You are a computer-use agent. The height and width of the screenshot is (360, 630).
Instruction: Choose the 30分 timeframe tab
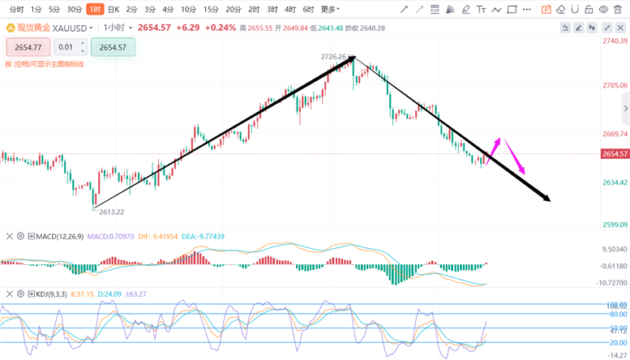pyautogui.click(x=74, y=10)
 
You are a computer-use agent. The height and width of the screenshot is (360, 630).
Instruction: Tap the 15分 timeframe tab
pyautogui.click(x=211, y=10)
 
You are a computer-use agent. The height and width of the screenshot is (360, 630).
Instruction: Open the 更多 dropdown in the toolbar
pyautogui.click(x=329, y=10)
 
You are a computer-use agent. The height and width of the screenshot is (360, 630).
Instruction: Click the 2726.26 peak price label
pyautogui.click(x=333, y=57)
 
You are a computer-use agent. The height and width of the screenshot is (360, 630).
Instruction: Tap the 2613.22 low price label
pyautogui.click(x=111, y=212)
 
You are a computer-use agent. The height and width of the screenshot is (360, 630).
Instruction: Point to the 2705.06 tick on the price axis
pyautogui.click(x=615, y=85)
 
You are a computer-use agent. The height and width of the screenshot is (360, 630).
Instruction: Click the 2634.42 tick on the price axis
pyautogui.click(x=615, y=183)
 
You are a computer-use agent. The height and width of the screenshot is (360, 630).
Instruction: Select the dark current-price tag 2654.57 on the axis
pyautogui.click(x=615, y=154)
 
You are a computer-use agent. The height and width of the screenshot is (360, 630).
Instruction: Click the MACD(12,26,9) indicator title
pyautogui.click(x=60, y=237)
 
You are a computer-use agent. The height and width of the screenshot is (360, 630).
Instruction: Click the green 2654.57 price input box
pyautogui.click(x=113, y=47)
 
